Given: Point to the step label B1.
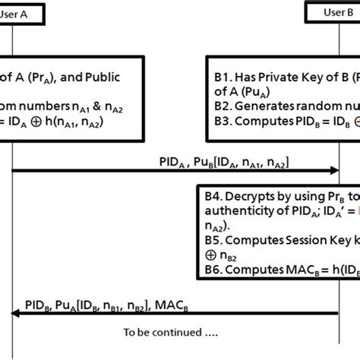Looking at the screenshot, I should [224, 77].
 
